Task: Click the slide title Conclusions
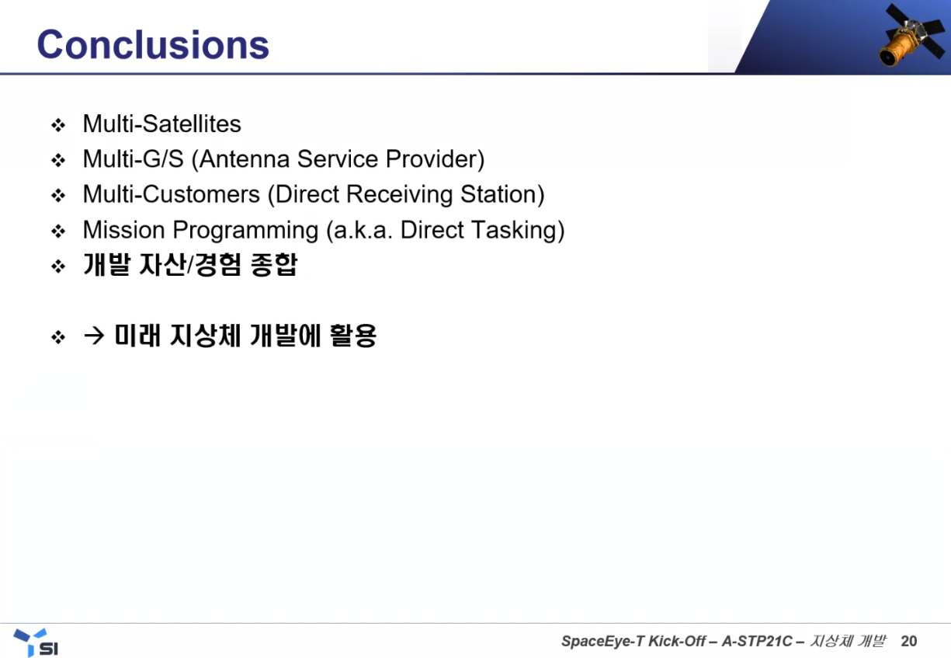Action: coord(153,44)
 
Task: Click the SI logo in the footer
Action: coord(36,642)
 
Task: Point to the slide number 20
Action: coord(908,641)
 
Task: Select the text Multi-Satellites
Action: coord(161,124)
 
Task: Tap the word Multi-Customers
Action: coord(171,194)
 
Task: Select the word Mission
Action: coord(123,230)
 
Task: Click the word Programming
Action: coord(245,231)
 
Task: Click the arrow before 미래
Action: coord(94,336)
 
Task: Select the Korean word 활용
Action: coord(353,336)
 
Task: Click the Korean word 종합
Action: coord(274,265)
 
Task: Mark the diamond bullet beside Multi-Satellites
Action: coord(58,125)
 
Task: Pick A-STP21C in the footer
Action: coord(757,641)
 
